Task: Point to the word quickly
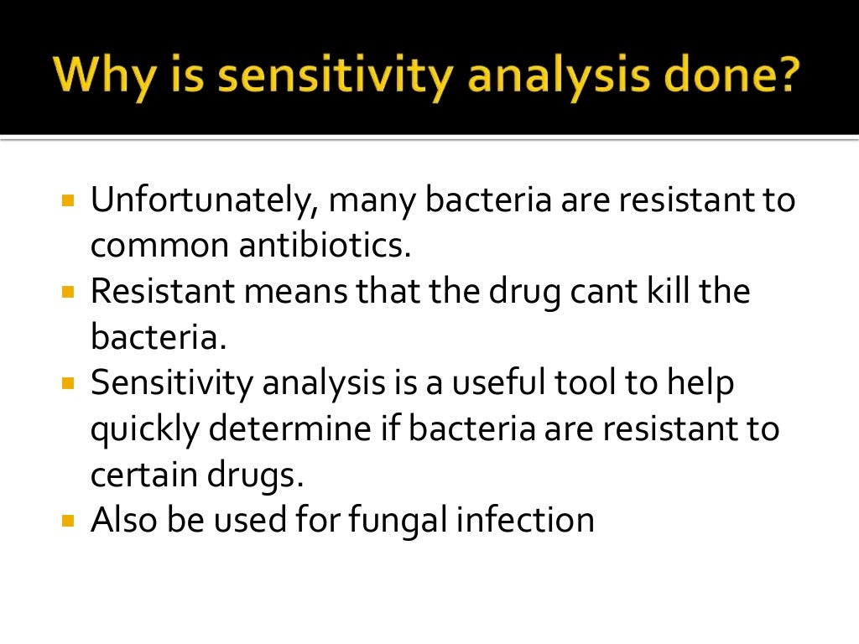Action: tap(144, 429)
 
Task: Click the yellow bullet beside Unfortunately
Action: tap(68, 202)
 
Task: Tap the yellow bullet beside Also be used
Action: tap(68, 521)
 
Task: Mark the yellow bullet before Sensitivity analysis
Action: tap(68, 384)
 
